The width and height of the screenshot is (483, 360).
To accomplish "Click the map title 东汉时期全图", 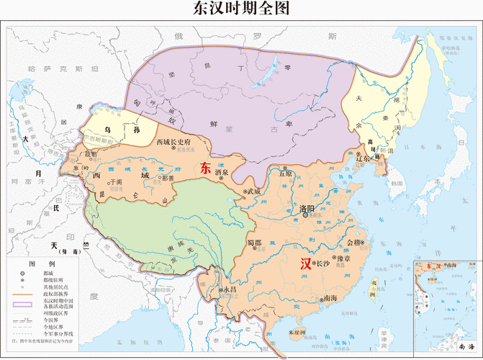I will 241,9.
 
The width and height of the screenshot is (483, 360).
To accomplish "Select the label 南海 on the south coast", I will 330,298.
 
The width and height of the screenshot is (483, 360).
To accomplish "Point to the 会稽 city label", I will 355,243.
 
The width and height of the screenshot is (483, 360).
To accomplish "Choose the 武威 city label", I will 253,192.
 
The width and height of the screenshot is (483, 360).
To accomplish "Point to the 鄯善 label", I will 168,176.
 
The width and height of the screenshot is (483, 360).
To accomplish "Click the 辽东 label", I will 371,158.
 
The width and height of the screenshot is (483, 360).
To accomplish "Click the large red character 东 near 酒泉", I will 205,170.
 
